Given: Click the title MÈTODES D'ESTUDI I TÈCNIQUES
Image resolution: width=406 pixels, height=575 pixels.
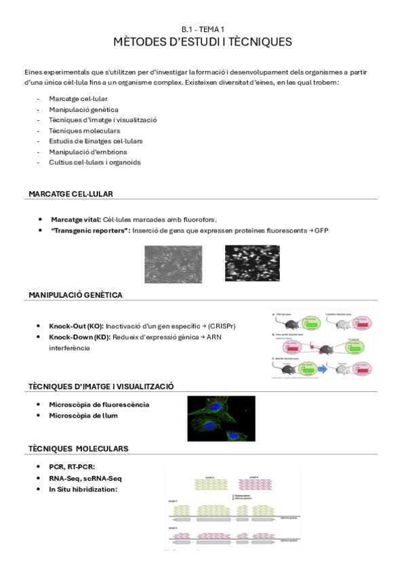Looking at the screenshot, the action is coord(203,42).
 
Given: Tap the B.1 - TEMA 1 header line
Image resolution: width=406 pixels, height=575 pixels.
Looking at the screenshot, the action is coord(203,29).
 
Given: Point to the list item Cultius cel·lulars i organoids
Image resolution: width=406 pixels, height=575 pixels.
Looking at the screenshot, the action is coord(94,162).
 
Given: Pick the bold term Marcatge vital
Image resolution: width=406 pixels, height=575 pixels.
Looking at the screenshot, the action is coord(75,220).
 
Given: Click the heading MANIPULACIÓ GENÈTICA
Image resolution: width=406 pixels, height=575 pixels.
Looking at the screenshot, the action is coord(75,295).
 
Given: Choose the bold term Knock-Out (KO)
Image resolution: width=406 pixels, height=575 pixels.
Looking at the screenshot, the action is coord(76,326).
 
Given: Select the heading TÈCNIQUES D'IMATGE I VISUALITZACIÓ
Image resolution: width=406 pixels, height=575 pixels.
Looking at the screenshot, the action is coord(101,386).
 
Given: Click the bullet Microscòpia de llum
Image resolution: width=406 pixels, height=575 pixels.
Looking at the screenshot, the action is coord(83,416).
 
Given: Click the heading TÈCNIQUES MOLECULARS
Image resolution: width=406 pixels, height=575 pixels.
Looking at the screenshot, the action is coord(78,449).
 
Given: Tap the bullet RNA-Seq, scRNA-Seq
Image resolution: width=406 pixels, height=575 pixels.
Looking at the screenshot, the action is coord(85,478).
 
